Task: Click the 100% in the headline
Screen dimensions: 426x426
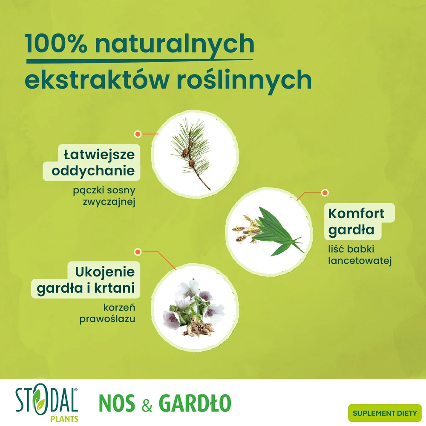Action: click(x=56, y=43)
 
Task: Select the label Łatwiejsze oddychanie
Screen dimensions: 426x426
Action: click(x=92, y=162)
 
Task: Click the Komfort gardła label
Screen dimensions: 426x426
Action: click(x=359, y=222)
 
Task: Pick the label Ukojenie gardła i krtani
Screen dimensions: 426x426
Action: click(x=86, y=280)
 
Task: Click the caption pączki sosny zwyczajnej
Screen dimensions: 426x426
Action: click(x=104, y=196)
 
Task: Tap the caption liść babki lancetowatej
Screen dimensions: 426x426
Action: click(x=360, y=255)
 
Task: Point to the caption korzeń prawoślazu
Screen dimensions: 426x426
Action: click(x=107, y=313)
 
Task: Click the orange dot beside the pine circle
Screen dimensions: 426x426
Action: click(x=138, y=134)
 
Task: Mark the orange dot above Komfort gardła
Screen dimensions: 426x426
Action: click(x=325, y=193)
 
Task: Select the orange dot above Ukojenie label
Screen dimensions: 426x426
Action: click(x=138, y=252)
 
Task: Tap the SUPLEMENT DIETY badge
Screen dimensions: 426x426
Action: click(x=384, y=413)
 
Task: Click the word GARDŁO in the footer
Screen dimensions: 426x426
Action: click(x=195, y=403)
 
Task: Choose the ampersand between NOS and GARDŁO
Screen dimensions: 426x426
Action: click(x=147, y=404)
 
